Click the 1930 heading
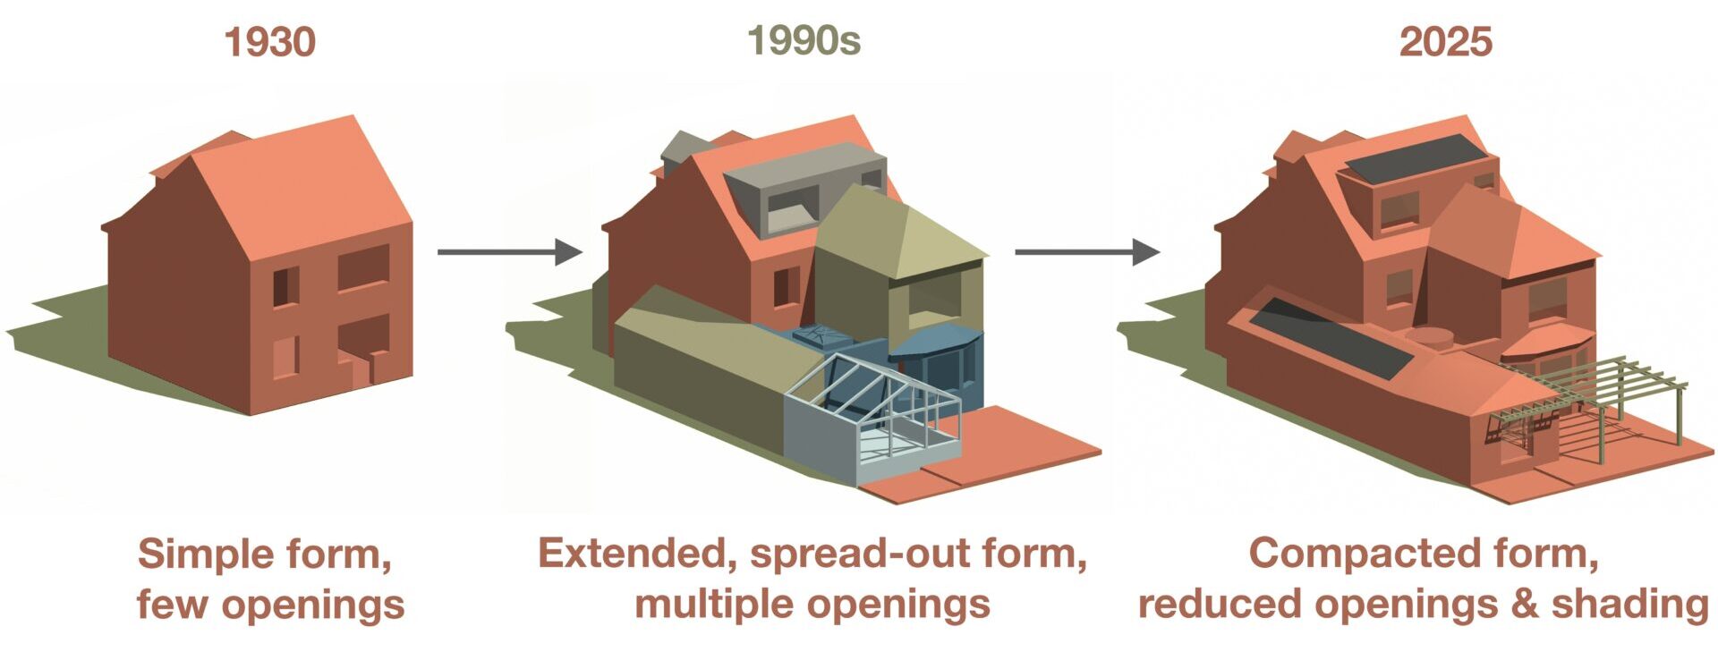coord(269,42)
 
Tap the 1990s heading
coord(804,40)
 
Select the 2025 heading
coord(1446,42)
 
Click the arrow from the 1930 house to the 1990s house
coord(510,252)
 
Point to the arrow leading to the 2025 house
coord(1087,252)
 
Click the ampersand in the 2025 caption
coord(1525,605)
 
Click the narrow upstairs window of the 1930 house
coord(285,286)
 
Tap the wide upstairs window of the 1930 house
coord(363,267)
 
